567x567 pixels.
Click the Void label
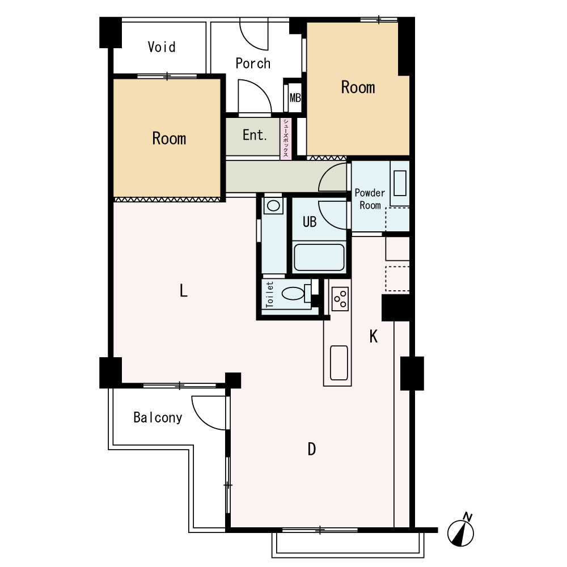(x=162, y=47)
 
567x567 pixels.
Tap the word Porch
(x=253, y=64)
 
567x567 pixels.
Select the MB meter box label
(x=295, y=98)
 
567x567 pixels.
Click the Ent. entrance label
(x=255, y=136)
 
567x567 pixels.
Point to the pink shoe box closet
(x=286, y=138)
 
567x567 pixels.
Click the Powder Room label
(x=370, y=199)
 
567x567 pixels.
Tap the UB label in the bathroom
(x=310, y=222)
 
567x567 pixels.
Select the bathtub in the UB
(x=319, y=257)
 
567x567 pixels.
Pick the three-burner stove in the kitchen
(x=340, y=299)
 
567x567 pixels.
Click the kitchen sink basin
(x=339, y=363)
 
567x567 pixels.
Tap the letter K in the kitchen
(x=374, y=337)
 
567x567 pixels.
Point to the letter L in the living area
(x=184, y=290)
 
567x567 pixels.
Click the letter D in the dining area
(x=312, y=449)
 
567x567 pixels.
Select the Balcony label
(x=158, y=418)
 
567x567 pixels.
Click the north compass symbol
(x=461, y=530)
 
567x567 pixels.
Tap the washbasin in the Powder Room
(x=400, y=183)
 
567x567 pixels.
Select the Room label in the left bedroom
(x=169, y=138)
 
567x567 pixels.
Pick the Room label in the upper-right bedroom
(x=358, y=87)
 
